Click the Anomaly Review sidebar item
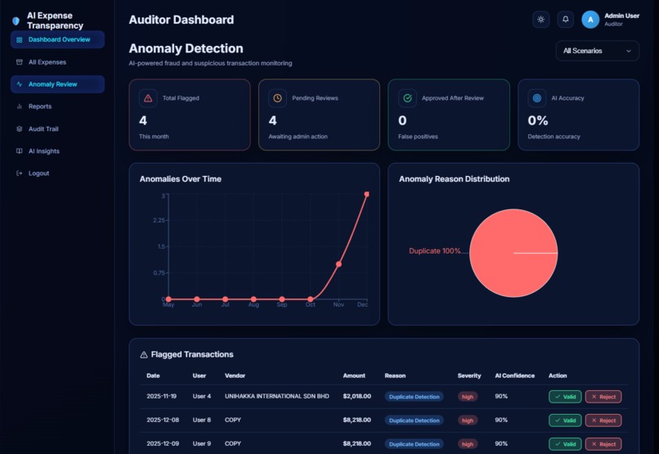point(52,84)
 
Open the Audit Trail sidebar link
point(43,129)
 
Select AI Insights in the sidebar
point(43,151)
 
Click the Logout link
point(38,173)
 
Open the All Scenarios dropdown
point(597,51)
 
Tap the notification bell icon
point(565,20)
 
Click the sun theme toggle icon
point(540,20)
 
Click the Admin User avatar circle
point(590,20)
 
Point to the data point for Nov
point(338,264)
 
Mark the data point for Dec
point(366,195)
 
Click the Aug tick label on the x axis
point(253,305)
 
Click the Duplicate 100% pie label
point(434,251)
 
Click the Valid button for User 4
point(565,397)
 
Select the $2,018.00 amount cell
point(356,397)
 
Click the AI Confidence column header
point(514,375)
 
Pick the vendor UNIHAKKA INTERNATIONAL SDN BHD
point(276,397)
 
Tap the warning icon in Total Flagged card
point(148,98)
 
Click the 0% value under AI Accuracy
point(537,121)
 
